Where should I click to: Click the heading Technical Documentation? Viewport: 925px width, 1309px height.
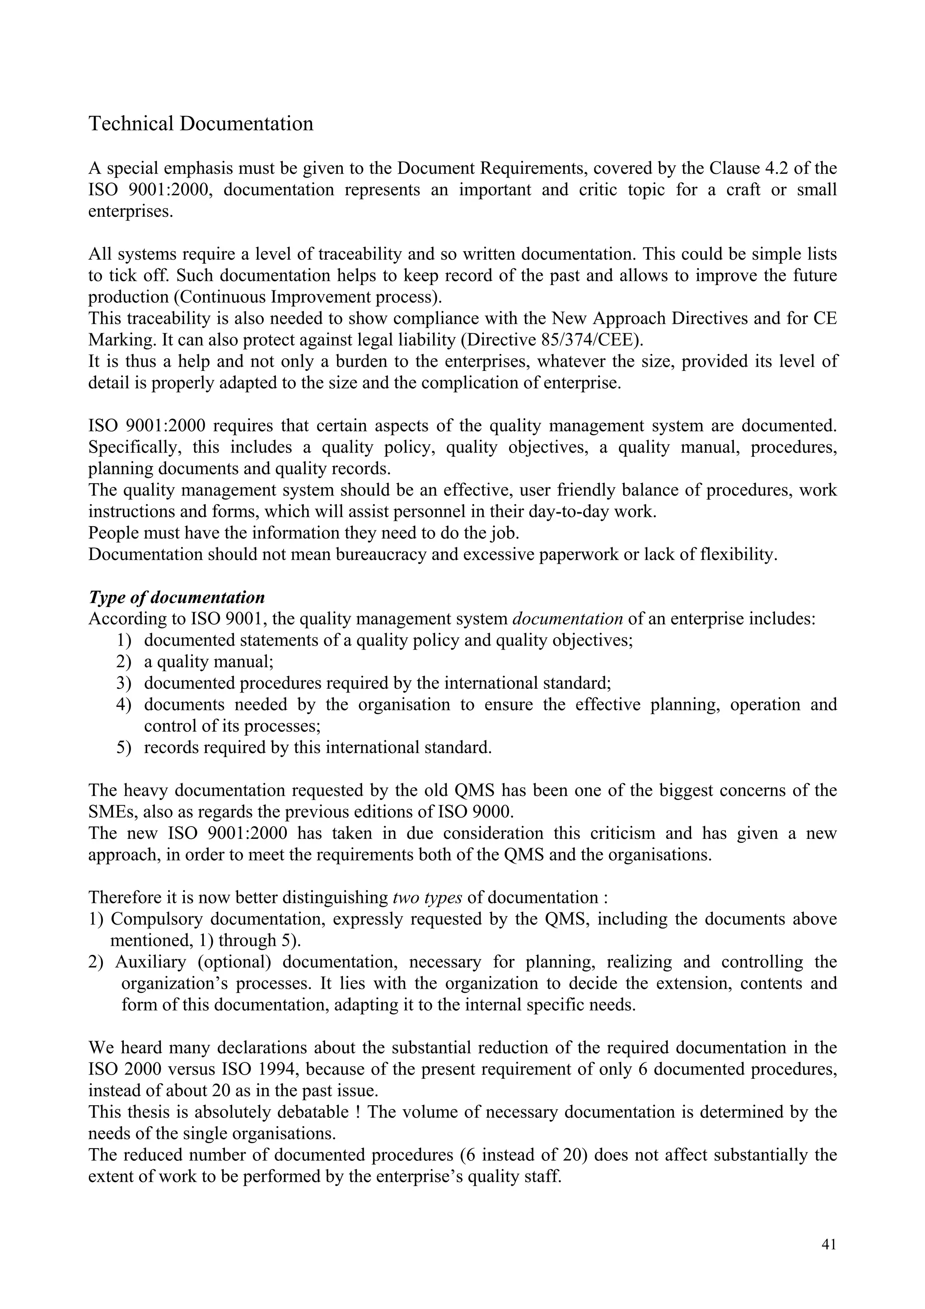click(201, 124)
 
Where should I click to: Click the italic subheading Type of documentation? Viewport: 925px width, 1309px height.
click(177, 598)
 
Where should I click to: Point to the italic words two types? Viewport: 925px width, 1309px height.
click(427, 898)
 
